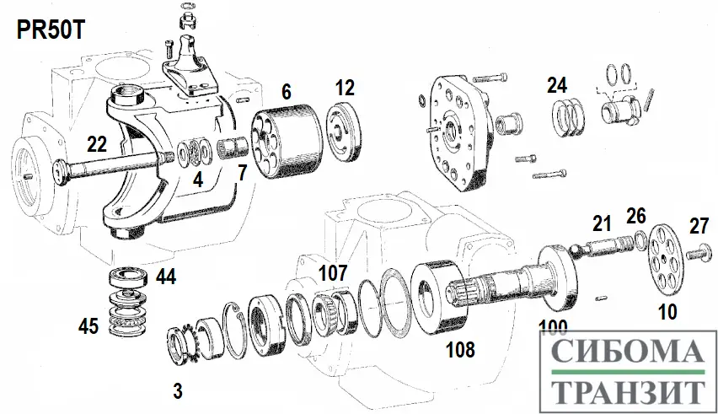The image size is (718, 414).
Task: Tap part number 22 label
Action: click(x=97, y=145)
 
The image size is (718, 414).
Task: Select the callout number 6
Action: click(x=287, y=93)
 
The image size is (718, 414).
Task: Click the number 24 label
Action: click(x=556, y=85)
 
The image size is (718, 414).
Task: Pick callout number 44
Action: click(x=165, y=277)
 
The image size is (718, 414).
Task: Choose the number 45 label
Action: click(x=89, y=325)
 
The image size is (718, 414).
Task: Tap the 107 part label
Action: click(x=332, y=274)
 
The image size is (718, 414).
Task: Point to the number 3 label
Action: click(x=178, y=390)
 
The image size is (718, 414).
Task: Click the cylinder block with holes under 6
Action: click(x=287, y=146)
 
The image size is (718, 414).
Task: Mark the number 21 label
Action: click(x=601, y=223)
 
